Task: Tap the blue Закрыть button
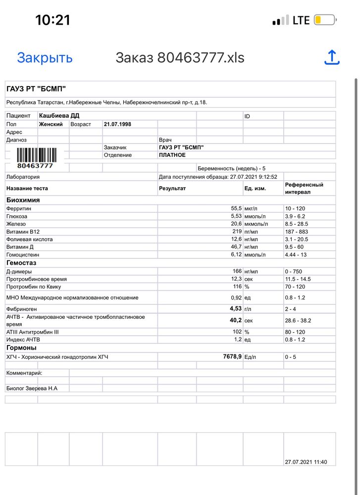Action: point(45,58)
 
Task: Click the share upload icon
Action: point(332,57)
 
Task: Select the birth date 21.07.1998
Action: point(117,124)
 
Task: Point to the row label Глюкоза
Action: point(17,216)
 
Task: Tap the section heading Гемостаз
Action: point(21,263)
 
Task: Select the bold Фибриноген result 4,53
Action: point(233,308)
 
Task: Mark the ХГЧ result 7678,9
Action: point(225,356)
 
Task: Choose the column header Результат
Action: point(172,189)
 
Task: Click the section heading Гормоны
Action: point(21,347)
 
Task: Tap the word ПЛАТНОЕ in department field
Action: point(172,155)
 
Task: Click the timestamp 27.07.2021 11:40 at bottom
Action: point(306,462)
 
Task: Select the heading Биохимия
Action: point(23,200)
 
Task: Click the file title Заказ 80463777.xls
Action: point(180,58)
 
